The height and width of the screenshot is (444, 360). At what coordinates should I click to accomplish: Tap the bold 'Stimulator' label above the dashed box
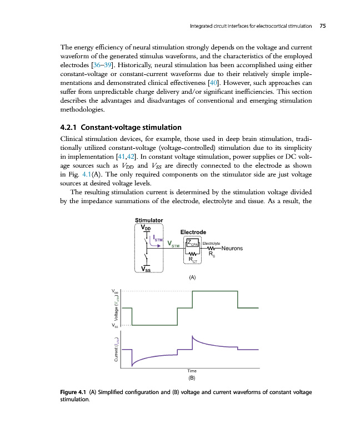click(149, 220)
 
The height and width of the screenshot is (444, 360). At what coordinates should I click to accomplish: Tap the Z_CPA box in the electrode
click(192, 243)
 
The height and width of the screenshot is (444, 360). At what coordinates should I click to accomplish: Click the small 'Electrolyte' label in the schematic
click(211, 243)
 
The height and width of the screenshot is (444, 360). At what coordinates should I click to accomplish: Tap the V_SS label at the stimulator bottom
click(146, 270)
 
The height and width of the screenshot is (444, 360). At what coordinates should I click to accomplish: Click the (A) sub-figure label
click(192, 276)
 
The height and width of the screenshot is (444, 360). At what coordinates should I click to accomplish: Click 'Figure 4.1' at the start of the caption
click(74, 393)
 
